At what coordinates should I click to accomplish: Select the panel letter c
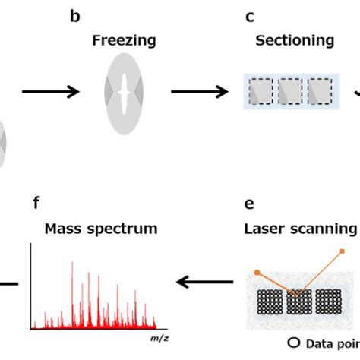[x=249, y=15]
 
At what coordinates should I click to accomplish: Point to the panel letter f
[x=36, y=203]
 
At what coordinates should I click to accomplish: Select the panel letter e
[x=248, y=204]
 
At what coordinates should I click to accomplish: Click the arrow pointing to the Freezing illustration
[x=50, y=93]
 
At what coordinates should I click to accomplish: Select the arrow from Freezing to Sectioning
[x=198, y=93]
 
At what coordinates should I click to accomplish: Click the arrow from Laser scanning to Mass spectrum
[x=203, y=282]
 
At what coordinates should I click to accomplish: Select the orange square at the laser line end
[x=343, y=252]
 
